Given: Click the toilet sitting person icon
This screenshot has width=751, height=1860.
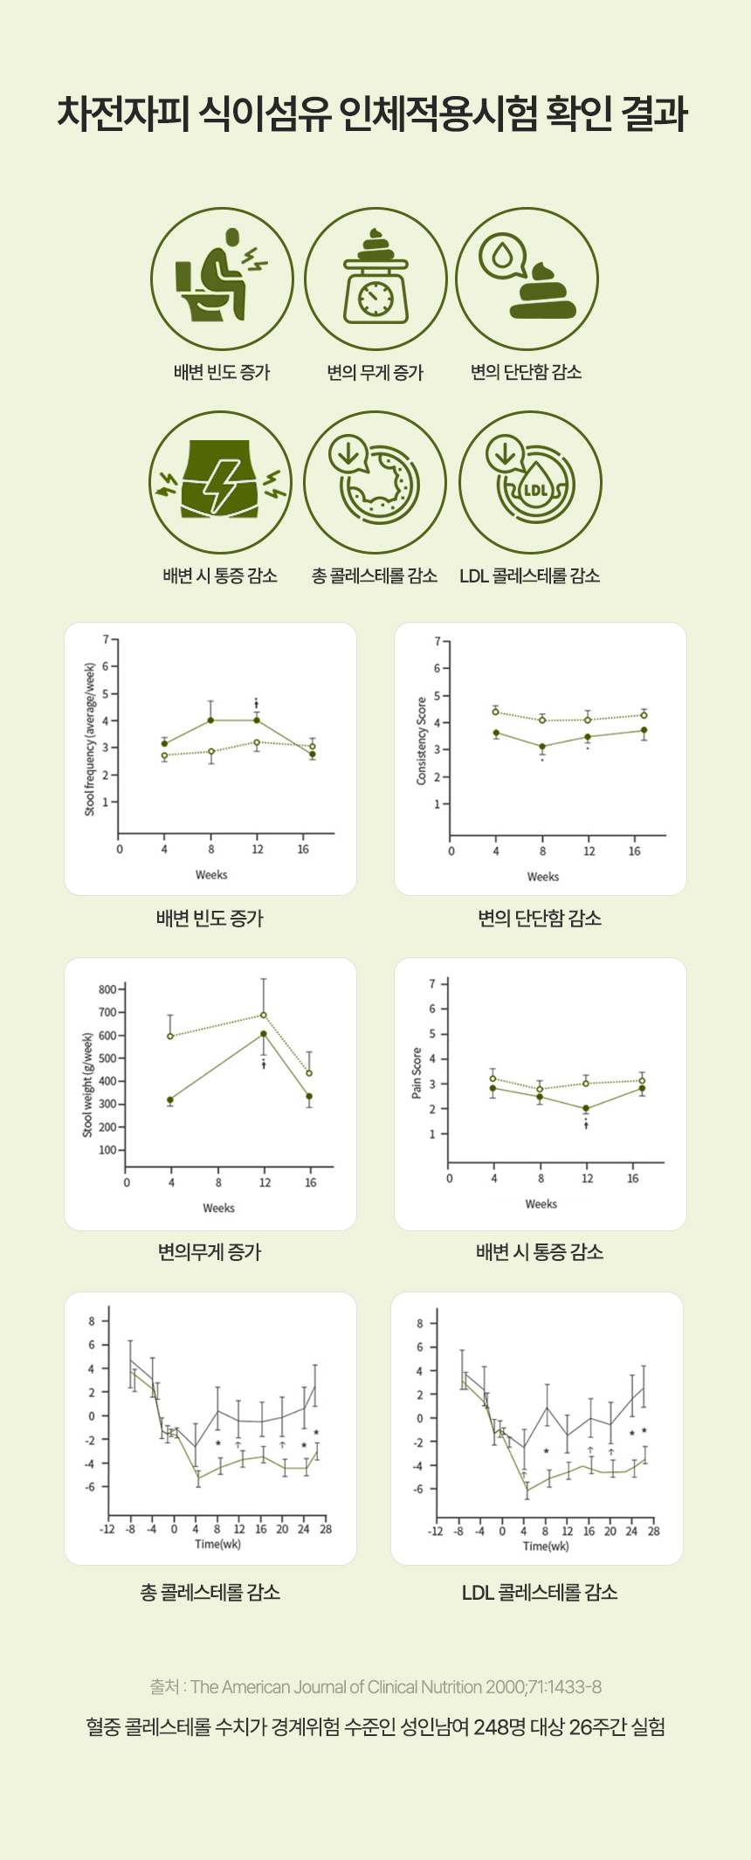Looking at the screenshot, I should [221, 279].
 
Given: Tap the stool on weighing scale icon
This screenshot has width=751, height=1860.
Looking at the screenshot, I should [375, 279].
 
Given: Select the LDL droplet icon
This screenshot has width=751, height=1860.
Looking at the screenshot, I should [530, 483].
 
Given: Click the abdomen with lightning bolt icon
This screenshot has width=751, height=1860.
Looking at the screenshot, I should [221, 483].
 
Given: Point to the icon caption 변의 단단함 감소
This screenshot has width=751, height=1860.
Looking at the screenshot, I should [526, 373].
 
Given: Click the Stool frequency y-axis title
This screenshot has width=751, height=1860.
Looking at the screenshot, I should [89, 739].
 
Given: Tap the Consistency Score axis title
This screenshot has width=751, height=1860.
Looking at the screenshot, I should [421, 740].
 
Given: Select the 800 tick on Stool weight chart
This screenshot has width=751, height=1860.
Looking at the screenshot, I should [107, 989].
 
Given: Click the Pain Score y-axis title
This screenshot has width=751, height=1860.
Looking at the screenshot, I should [417, 1072].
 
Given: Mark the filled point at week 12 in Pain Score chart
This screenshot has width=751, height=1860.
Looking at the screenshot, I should [586, 1108].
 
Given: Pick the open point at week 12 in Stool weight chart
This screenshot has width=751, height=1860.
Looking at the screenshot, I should [264, 1015].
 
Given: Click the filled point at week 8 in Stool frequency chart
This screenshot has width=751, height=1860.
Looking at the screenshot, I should [210, 720].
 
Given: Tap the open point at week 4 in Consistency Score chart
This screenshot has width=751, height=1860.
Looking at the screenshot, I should [496, 712].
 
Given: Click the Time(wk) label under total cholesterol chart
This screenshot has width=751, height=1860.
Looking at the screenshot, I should [217, 1544].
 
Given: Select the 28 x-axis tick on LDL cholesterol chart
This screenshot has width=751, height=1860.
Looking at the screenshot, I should [653, 1531].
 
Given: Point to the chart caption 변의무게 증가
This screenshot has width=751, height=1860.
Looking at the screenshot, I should [210, 1252].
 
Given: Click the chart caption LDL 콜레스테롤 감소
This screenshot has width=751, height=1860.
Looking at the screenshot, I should [540, 1593].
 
